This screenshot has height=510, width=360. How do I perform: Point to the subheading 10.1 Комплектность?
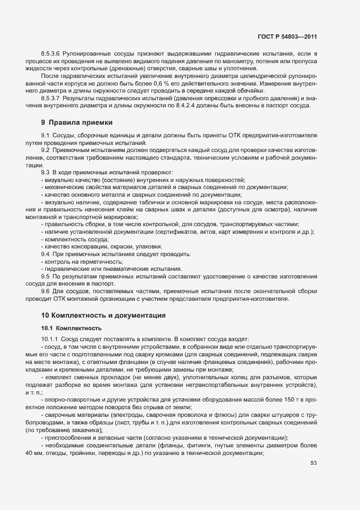click(x=71, y=328)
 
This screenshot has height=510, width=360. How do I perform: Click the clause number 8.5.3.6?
click(x=51, y=53)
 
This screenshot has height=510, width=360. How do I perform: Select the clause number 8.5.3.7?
click(x=51, y=97)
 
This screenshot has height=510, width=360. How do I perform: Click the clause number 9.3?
click(x=45, y=172)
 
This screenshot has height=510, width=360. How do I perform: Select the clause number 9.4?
click(x=45, y=254)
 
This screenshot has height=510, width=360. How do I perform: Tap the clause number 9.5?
click(x=45, y=276)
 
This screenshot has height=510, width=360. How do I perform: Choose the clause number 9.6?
click(x=45, y=291)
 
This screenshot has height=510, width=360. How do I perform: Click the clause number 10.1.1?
click(x=49, y=339)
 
